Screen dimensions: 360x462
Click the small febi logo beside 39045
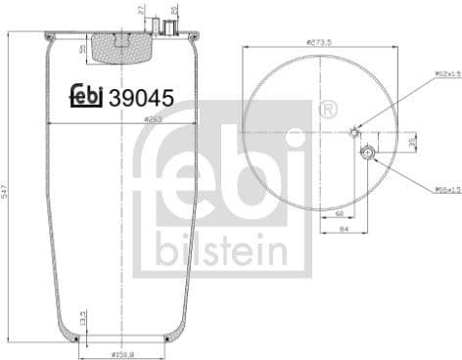point(87,96)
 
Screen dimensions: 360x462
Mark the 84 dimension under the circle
point(345,231)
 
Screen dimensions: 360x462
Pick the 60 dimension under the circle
point(338,212)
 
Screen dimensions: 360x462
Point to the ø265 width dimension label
point(151,119)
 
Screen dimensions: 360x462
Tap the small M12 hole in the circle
point(354,132)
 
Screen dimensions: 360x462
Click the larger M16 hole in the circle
point(367,153)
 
